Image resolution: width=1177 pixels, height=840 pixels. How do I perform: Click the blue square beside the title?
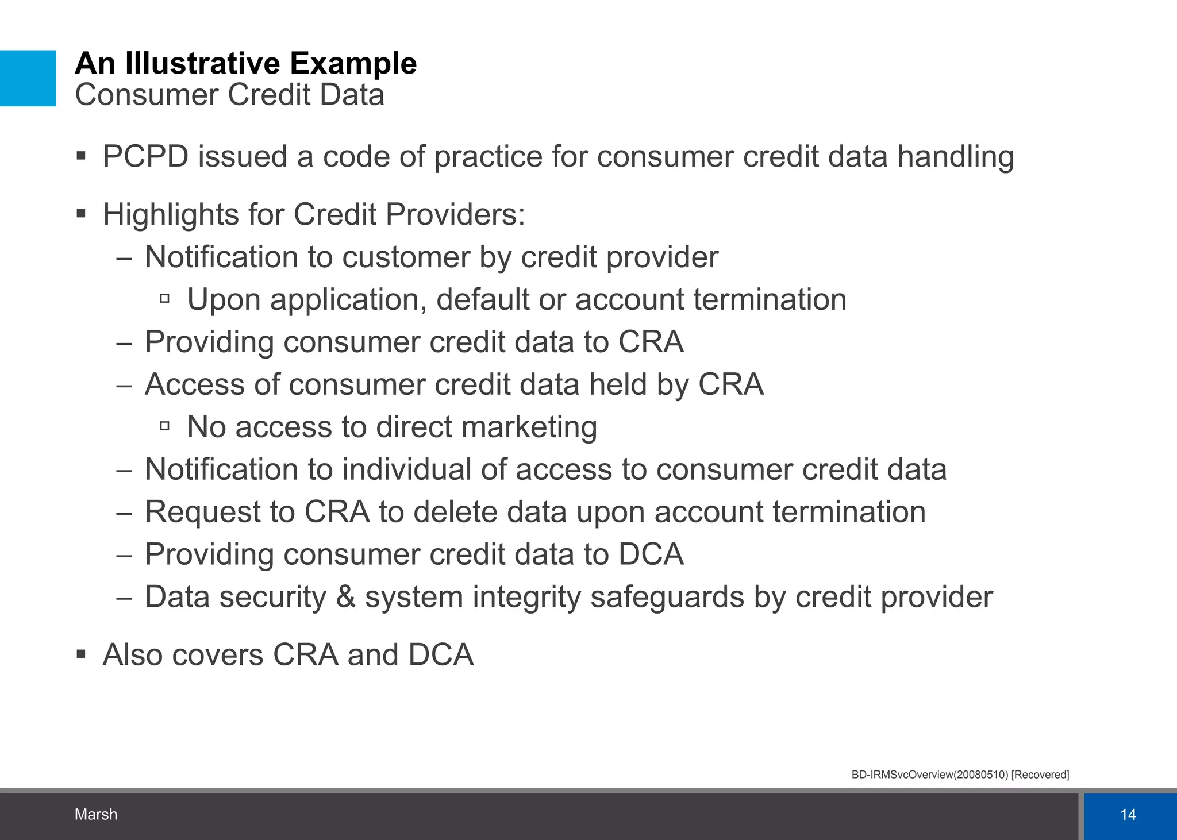coord(28,78)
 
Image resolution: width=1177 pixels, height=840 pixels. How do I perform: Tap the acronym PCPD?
coord(145,156)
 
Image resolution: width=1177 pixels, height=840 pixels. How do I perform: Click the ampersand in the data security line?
coord(345,596)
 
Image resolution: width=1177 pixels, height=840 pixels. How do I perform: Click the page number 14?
coord(1128,814)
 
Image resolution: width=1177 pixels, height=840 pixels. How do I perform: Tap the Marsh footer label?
coord(96,814)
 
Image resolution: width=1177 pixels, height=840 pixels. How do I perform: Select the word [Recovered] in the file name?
coord(1040,775)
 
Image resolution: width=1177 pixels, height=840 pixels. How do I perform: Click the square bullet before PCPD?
coord(81,156)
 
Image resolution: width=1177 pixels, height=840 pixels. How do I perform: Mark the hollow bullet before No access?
coord(165,426)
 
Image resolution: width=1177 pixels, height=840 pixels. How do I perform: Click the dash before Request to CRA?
coord(124,512)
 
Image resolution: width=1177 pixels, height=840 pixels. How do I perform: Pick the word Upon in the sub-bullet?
coord(224,300)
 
